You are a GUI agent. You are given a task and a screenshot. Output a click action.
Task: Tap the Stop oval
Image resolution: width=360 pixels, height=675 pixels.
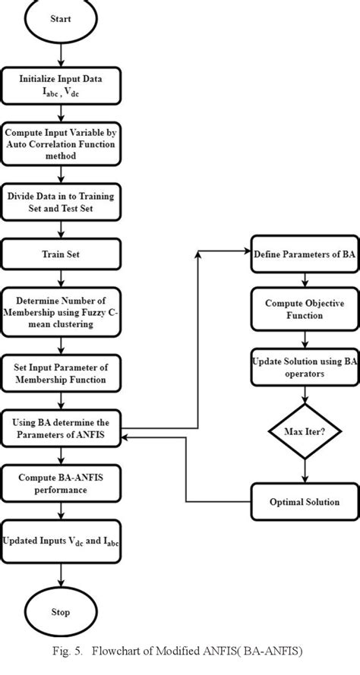click(x=60, y=611)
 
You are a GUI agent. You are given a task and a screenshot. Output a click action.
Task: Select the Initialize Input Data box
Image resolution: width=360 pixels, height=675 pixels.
click(x=60, y=84)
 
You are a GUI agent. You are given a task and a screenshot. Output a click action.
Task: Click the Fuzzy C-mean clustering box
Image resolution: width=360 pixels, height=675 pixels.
click(x=60, y=311)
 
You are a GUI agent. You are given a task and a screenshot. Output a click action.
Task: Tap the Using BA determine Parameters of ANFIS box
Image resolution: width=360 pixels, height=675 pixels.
click(x=60, y=429)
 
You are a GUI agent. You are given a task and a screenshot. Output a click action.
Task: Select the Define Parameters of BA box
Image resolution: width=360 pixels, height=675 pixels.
click(x=304, y=273)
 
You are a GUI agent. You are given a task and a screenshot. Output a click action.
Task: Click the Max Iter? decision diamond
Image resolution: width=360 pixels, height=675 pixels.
click(x=304, y=431)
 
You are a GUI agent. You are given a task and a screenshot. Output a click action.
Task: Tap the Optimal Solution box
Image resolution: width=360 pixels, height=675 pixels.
click(x=304, y=502)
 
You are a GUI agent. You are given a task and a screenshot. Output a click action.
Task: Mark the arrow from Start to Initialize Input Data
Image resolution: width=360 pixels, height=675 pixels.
click(x=60, y=57)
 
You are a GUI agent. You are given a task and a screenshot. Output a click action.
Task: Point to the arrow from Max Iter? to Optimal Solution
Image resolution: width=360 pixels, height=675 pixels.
click(x=304, y=471)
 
